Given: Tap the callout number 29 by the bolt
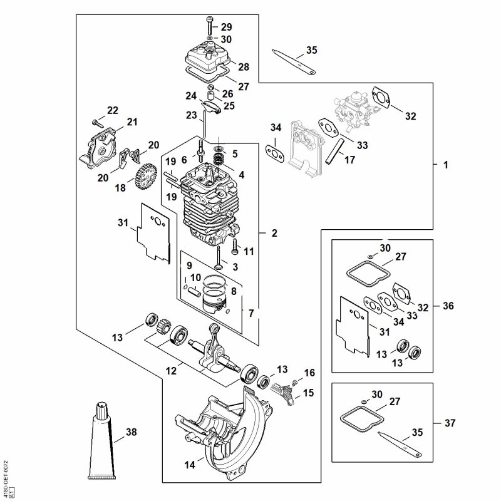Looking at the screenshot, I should pyautogui.click(x=226, y=27).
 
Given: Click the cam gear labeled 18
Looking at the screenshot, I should pyautogui.click(x=145, y=177).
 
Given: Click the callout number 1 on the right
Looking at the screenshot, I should pyautogui.click(x=445, y=165).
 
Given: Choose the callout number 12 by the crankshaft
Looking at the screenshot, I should pyautogui.click(x=170, y=371).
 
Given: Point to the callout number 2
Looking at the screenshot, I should pyautogui.click(x=274, y=234).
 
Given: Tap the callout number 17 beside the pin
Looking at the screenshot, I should pyautogui.click(x=349, y=160).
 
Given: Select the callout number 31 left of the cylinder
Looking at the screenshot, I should pyautogui.click(x=122, y=222).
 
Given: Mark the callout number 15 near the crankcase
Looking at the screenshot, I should pyautogui.click(x=308, y=393).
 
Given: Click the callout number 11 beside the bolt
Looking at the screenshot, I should pyautogui.click(x=249, y=252).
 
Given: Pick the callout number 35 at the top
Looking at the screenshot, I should pyautogui.click(x=312, y=50).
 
